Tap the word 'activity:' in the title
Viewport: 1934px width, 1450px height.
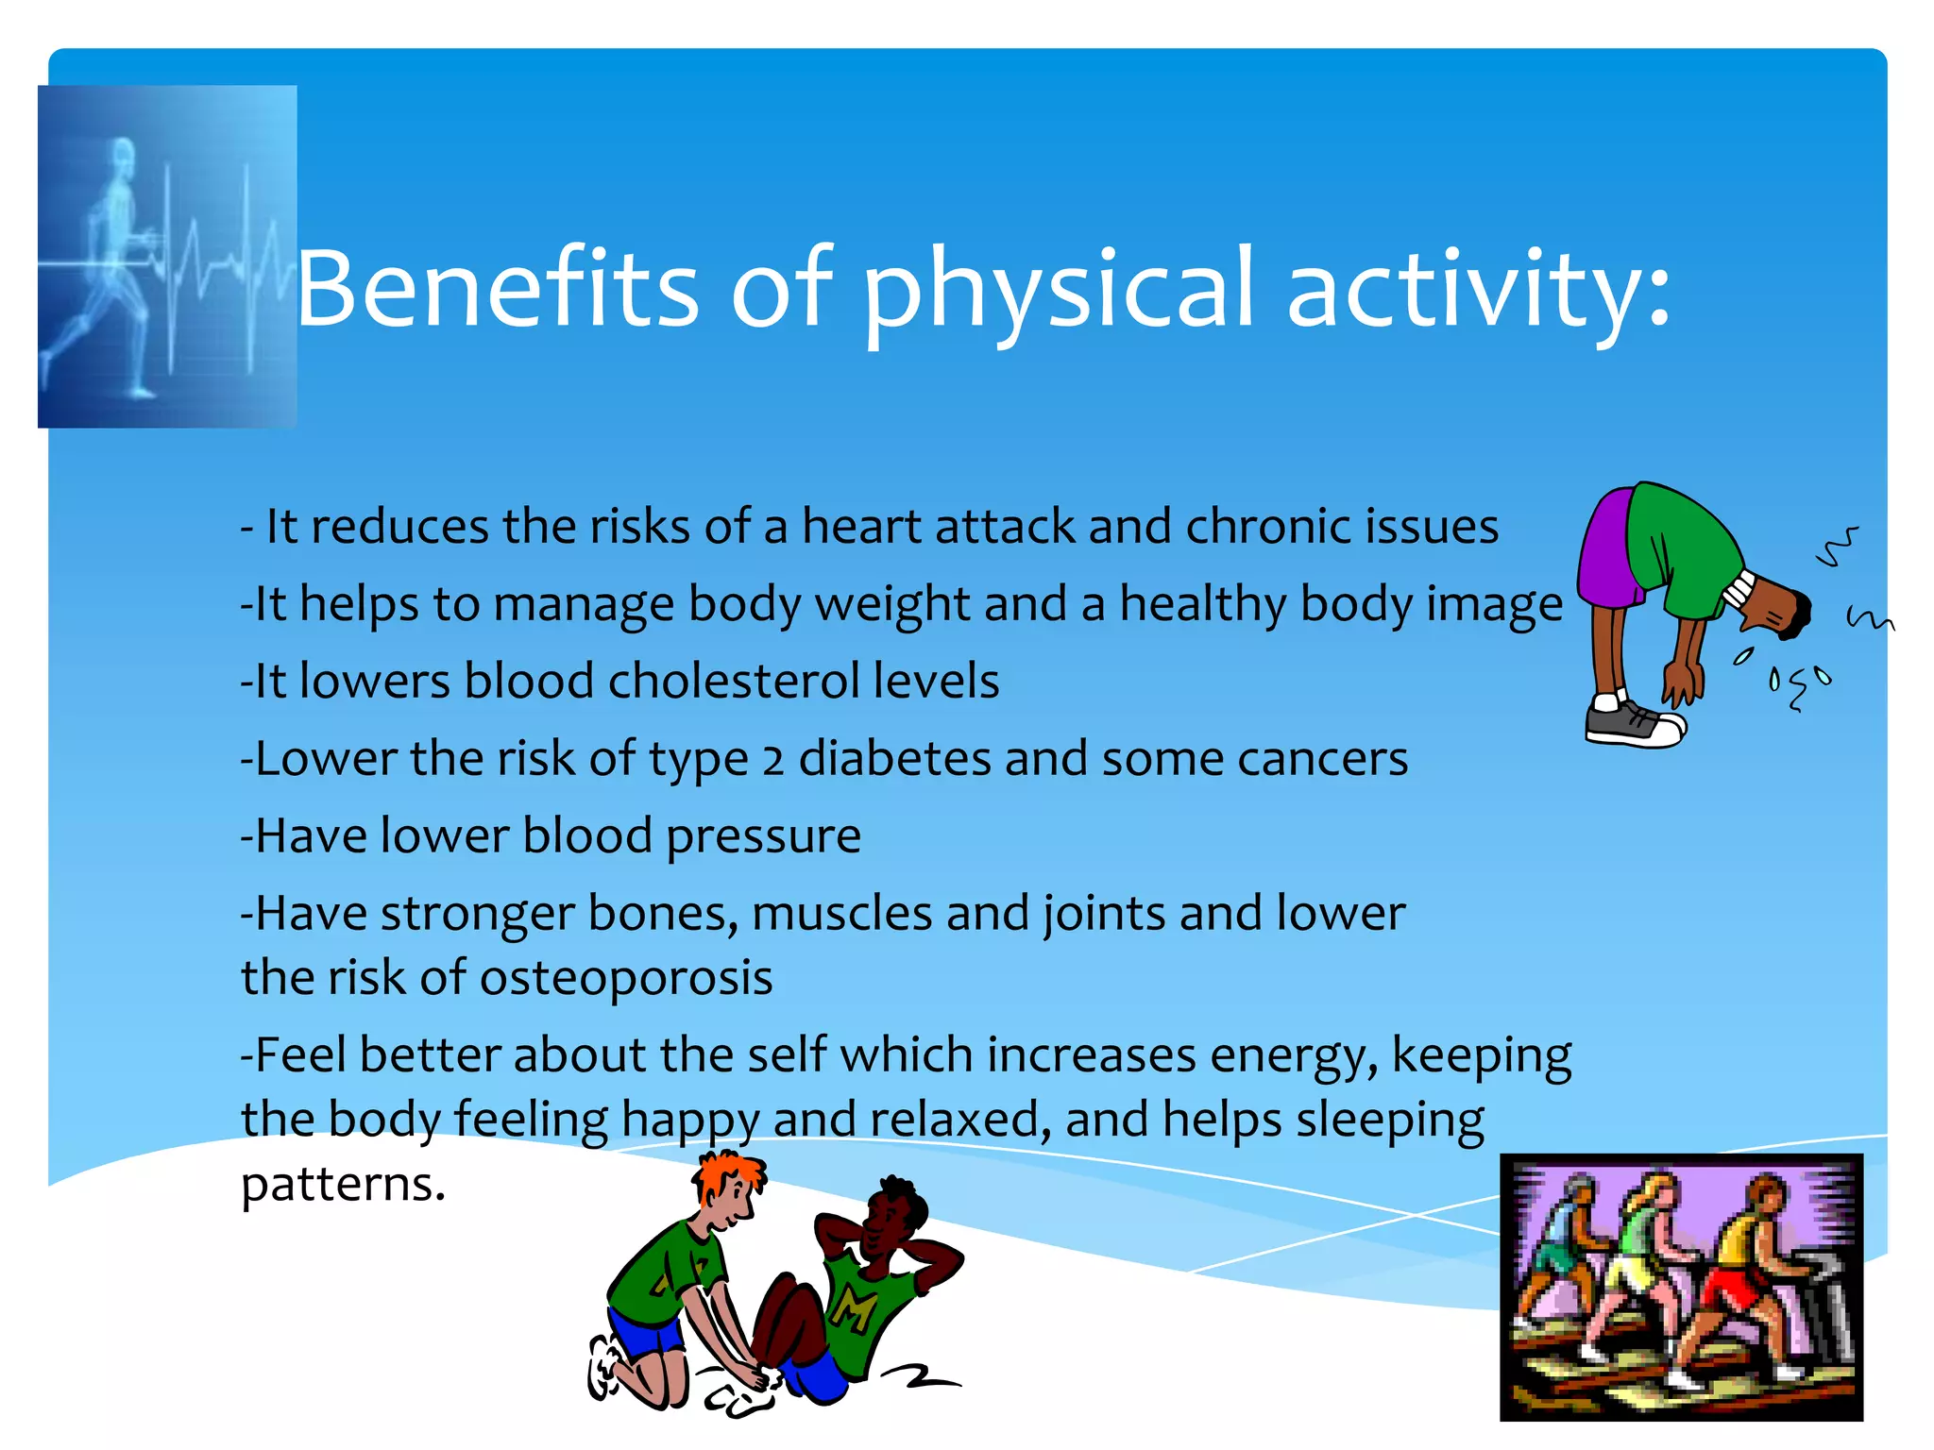[x=1478, y=288]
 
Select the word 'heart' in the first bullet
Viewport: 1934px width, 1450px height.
[x=861, y=527]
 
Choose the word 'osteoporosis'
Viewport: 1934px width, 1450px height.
[x=626, y=978]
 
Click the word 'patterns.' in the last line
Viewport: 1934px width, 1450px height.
[x=343, y=1185]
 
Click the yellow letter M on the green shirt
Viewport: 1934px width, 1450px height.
[x=854, y=1309]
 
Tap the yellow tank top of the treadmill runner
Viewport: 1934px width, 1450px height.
[x=1747, y=1237]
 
